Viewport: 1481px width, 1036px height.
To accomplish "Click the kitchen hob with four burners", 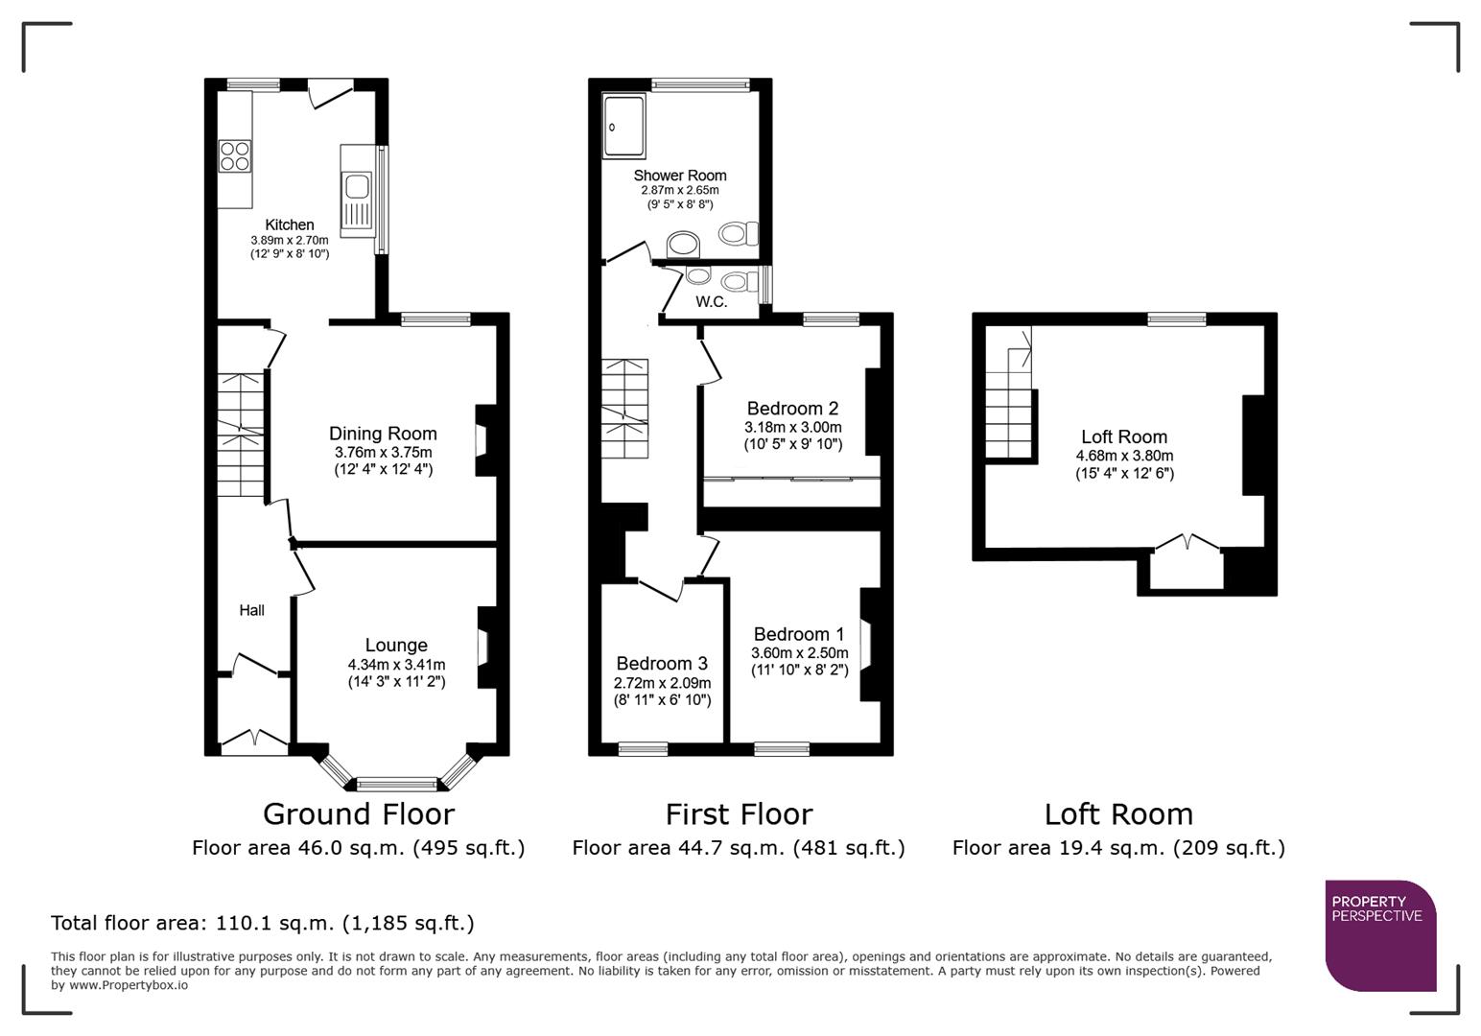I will tap(235, 155).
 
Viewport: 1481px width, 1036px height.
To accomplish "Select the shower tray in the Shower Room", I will tap(625, 125).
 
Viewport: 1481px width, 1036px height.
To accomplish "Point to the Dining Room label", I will tap(383, 434).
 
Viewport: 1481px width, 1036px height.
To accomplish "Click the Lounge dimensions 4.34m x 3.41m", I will tap(396, 665).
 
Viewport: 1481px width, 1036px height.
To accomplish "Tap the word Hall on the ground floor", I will tap(251, 610).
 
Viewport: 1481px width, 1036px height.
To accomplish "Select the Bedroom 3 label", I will tap(662, 663).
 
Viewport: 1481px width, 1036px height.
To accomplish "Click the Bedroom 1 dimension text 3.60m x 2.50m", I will tap(799, 653).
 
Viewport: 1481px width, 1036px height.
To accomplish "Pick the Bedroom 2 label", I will tap(792, 408).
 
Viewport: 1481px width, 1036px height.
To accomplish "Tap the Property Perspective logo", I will tap(1379, 934).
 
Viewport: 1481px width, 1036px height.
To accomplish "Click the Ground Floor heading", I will tap(358, 814).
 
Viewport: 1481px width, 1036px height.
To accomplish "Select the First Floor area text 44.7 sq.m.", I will tap(738, 848).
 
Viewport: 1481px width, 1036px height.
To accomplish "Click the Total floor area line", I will tap(262, 923).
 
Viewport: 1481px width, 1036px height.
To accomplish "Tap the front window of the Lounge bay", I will tap(396, 784).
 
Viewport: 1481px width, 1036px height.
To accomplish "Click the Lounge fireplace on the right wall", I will tap(484, 647).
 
